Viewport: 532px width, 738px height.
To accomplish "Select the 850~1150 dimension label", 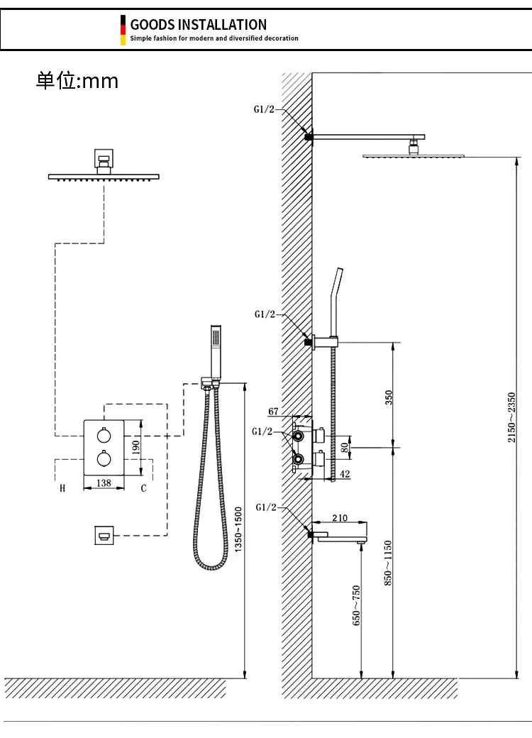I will pyautogui.click(x=387, y=563).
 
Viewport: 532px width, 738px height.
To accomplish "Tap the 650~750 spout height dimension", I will pyautogui.click(x=357, y=605).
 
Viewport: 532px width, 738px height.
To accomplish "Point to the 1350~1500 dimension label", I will pyautogui.click(x=238, y=529).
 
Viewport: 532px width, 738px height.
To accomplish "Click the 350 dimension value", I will pyautogui.click(x=388, y=397).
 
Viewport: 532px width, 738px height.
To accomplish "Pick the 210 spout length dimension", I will pyautogui.click(x=340, y=517).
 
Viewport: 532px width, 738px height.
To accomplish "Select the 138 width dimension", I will pyautogui.click(x=104, y=483).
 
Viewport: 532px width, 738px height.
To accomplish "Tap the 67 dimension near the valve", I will pyautogui.click(x=275, y=412).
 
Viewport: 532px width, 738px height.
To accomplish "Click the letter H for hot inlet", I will pyautogui.click(x=62, y=488).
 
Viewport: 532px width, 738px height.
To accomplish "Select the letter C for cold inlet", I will pyautogui.click(x=143, y=488).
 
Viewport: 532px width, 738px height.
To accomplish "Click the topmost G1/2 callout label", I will pyautogui.click(x=265, y=109).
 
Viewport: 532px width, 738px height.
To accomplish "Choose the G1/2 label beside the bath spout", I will pyautogui.click(x=265, y=508).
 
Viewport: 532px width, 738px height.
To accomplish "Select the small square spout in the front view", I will pyautogui.click(x=104, y=534).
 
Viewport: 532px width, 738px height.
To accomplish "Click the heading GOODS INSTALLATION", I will pyautogui.click(x=198, y=25).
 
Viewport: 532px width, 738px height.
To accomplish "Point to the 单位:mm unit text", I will pyautogui.click(x=77, y=81).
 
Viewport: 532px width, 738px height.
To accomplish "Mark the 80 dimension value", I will pyautogui.click(x=345, y=448).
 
